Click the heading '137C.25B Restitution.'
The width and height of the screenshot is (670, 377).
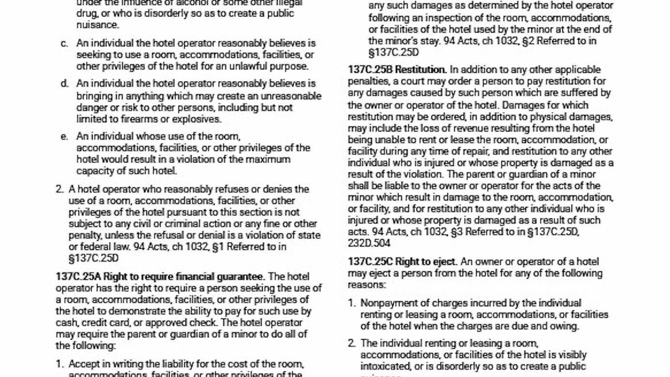[x=397, y=70]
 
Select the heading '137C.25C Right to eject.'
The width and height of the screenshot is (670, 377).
[x=403, y=261]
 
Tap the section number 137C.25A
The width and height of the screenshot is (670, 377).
[x=78, y=276]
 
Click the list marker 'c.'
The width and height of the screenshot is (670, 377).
[x=64, y=43]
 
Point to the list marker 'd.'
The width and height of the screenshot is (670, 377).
[x=64, y=83]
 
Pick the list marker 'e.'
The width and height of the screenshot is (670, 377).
[x=64, y=137]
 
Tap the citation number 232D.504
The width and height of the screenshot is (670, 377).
[x=369, y=243]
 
